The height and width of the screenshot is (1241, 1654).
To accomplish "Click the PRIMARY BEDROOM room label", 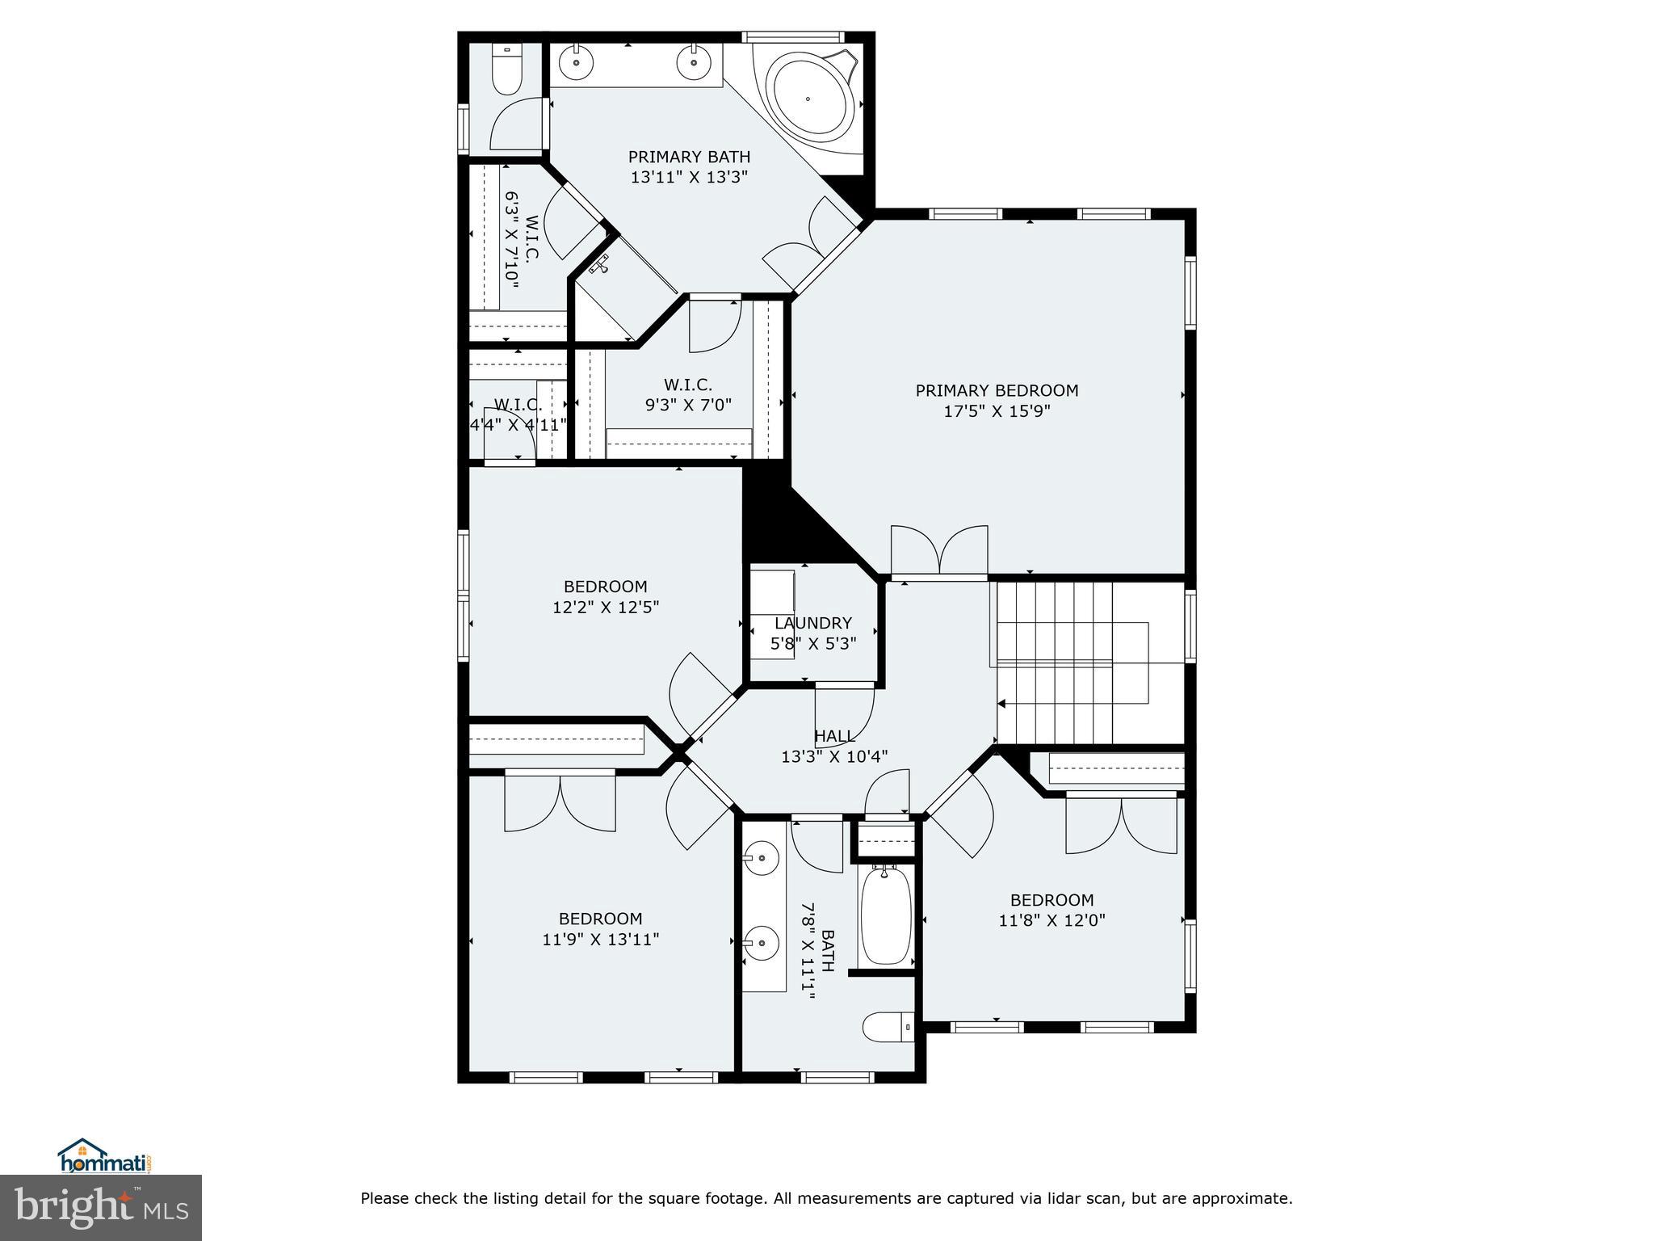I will tap(997, 391).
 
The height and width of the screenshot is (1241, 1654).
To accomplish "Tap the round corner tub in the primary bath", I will tap(808, 99).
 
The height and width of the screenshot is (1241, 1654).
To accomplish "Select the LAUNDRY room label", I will tap(812, 623).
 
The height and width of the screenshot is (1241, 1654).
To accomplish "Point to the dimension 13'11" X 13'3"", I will tap(689, 177).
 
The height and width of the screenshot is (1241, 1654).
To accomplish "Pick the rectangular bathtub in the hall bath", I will tap(886, 915).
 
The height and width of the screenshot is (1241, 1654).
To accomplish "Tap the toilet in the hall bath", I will tap(887, 1027).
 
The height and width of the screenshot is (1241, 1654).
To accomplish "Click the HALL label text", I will tap(834, 736).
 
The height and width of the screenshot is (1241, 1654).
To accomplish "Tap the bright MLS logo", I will tap(101, 1207).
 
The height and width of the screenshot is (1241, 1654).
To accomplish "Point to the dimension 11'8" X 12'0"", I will tap(1052, 919).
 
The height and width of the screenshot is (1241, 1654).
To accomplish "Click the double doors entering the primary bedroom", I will tap(939, 553).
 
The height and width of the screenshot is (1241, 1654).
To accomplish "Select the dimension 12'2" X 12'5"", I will tap(606, 607).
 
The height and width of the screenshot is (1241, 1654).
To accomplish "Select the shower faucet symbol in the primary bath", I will tap(600, 265).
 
